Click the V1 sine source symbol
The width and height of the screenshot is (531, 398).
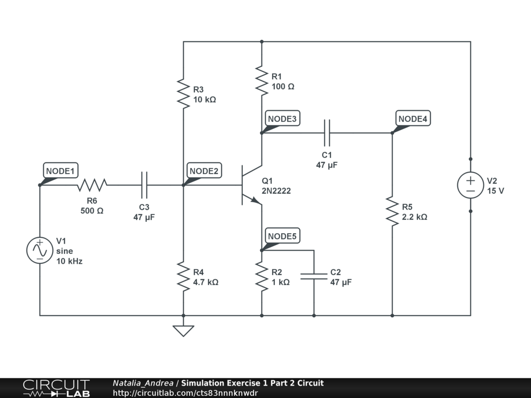pos(39,250)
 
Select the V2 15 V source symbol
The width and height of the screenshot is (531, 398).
pos(470,185)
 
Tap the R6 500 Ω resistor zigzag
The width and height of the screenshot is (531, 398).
pos(92,185)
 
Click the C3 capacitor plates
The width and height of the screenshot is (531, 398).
pos(144,185)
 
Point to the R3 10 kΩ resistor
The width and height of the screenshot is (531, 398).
pos(183,94)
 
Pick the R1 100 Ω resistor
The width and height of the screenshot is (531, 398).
pos(261,81)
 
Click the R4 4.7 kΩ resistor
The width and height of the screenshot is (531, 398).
pos(183,277)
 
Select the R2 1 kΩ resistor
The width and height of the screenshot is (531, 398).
pos(261,277)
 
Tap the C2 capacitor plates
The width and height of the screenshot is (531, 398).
pos(314,277)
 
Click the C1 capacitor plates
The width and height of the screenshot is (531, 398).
pos(327,133)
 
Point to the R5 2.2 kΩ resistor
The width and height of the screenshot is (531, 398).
pos(392,211)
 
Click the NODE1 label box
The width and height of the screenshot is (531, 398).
pos(61,170)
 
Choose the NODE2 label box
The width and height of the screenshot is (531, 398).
pos(204,170)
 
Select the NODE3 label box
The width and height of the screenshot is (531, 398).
pos(283,119)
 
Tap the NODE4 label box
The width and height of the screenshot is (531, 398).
pos(413,119)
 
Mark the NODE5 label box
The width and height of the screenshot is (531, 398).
pos(283,236)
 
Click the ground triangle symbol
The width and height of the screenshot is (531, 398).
pos(183,331)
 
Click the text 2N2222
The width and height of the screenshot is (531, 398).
pos(276,191)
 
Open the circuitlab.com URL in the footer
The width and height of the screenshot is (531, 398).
pos(185,393)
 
